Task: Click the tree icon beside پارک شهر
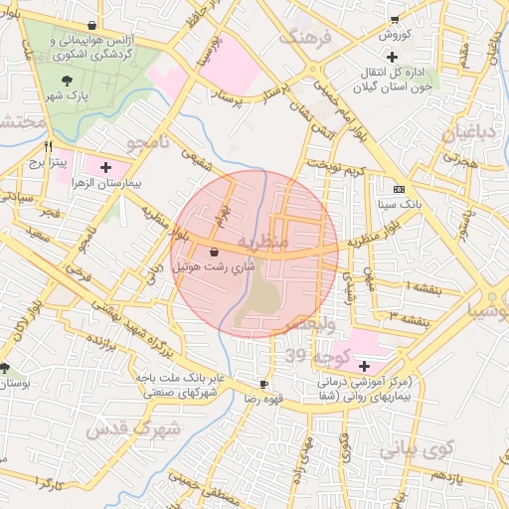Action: pyautogui.click(x=67, y=80)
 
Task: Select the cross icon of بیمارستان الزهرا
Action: pyautogui.click(x=106, y=160)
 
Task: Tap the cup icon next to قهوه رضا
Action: pyautogui.click(x=263, y=384)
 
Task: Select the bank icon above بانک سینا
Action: pyautogui.click(x=400, y=189)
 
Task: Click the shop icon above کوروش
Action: pyautogui.click(x=395, y=19)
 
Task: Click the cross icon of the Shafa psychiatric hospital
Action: pyautogui.click(x=364, y=365)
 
